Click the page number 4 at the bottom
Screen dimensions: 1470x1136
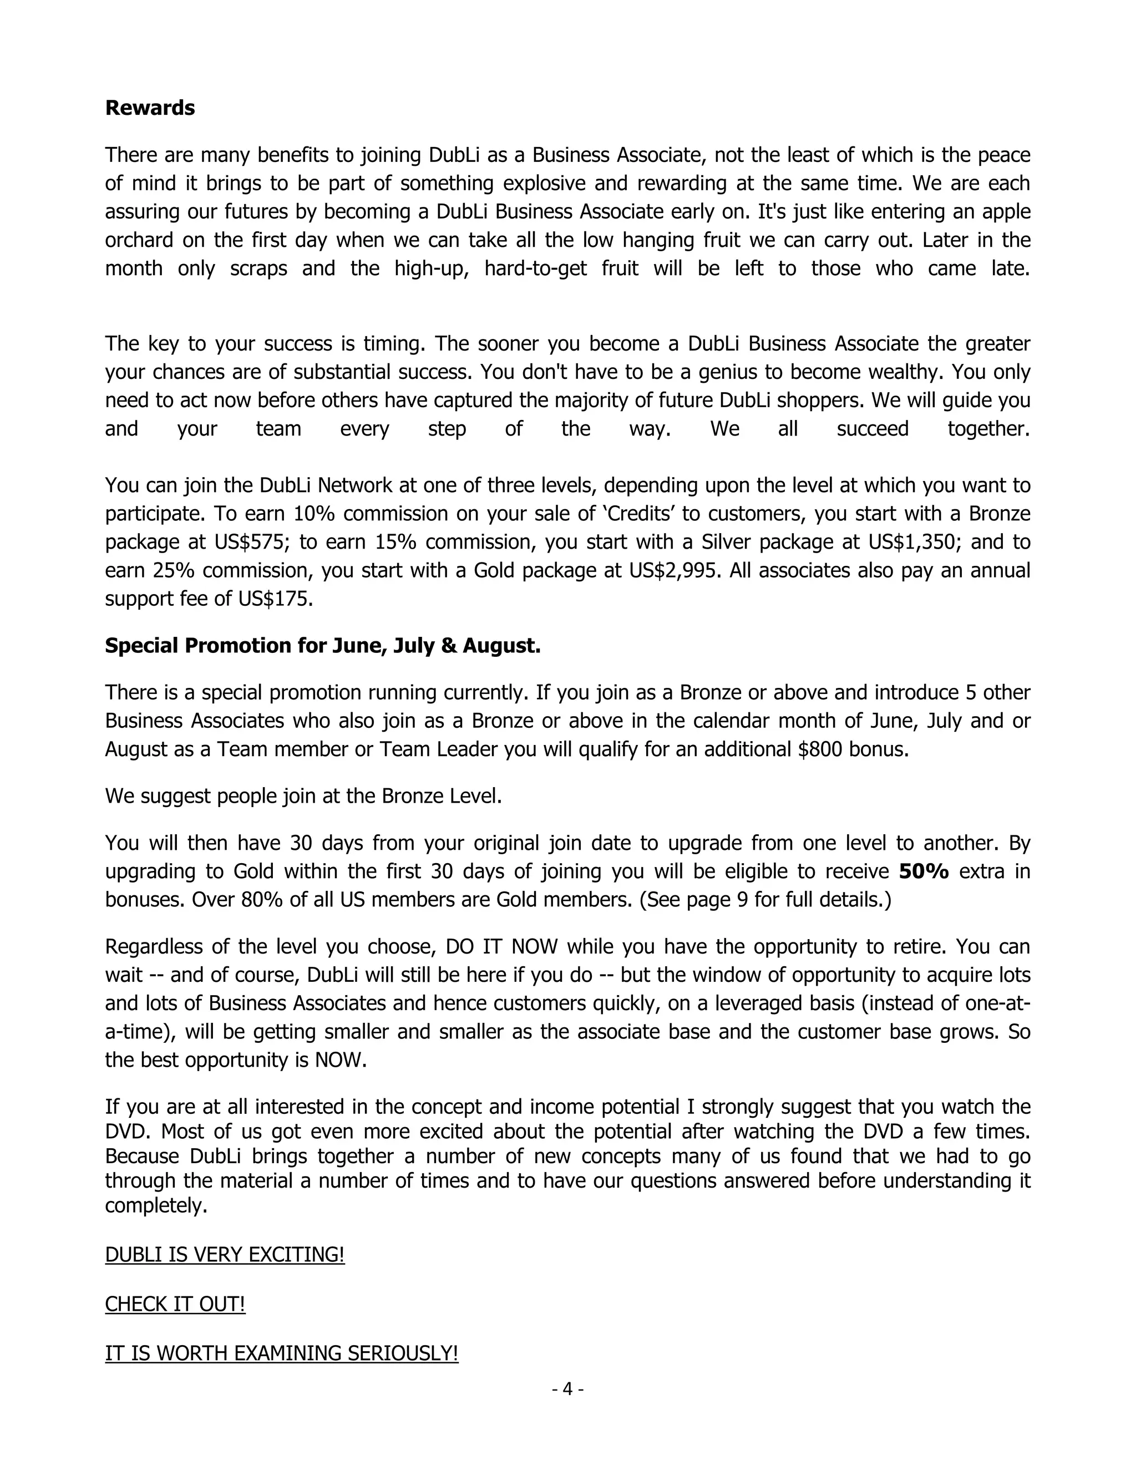pos(567,1388)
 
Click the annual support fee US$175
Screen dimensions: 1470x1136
pos(275,599)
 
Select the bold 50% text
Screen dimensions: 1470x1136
pos(924,871)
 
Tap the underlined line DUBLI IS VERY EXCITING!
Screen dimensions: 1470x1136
pos(225,1255)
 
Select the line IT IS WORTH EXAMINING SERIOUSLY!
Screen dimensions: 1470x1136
pos(281,1353)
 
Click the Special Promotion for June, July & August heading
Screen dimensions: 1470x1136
pos(322,646)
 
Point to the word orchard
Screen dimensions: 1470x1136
pos(135,240)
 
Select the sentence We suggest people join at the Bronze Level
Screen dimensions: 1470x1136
pos(303,796)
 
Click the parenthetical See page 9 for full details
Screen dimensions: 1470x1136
pos(764,899)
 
